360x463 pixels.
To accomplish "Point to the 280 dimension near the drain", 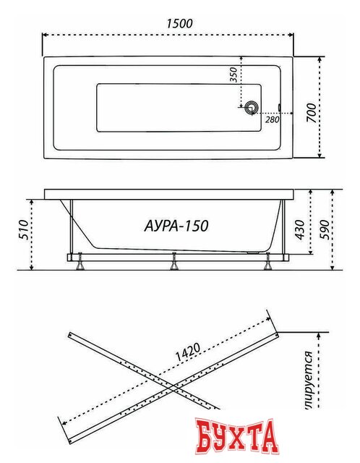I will coord(272,120).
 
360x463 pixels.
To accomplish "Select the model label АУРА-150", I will coord(172,226).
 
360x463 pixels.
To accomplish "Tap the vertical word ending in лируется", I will coord(309,372).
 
